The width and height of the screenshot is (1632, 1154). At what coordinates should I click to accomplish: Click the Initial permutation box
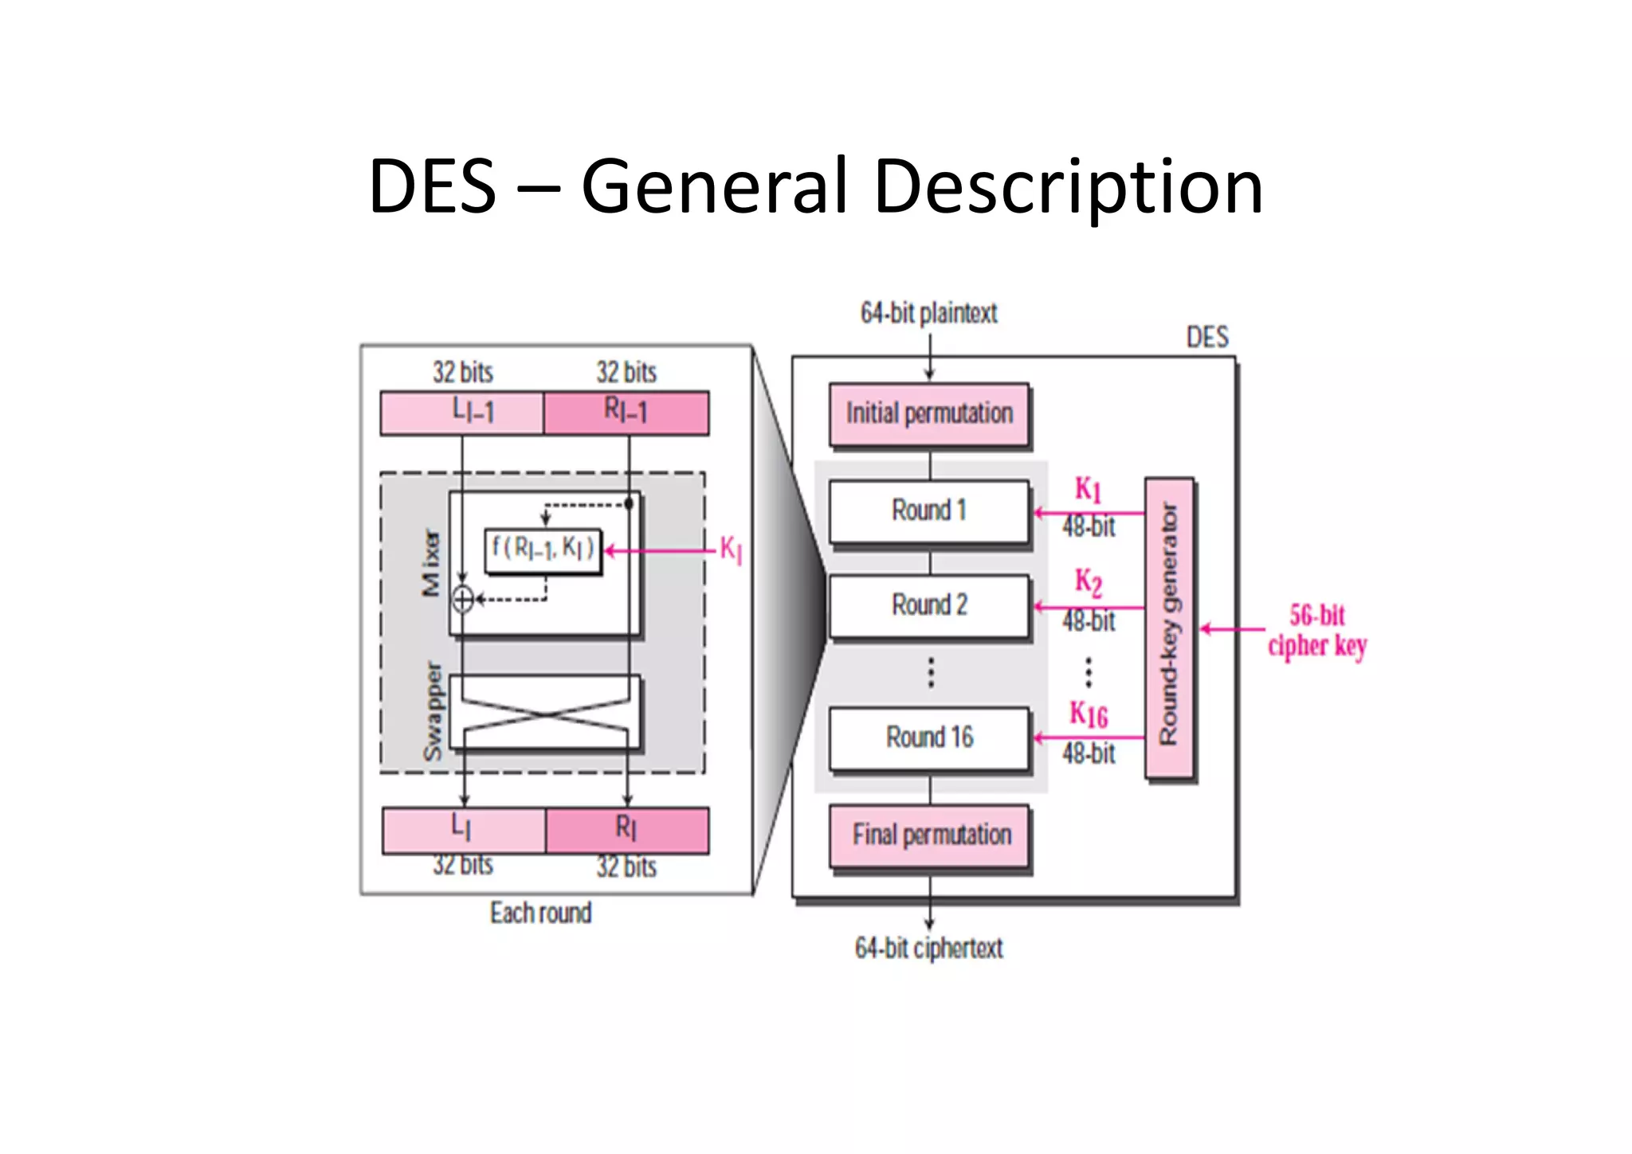click(x=929, y=414)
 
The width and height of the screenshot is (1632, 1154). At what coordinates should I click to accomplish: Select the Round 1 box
click(x=929, y=510)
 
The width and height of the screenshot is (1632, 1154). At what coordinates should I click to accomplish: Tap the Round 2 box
click(x=929, y=605)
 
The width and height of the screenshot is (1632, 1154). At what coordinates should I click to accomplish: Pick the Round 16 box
click(x=929, y=737)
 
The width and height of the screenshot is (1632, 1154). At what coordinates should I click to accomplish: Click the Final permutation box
click(x=930, y=835)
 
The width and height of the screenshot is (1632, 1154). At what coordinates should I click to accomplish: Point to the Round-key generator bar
click(x=1169, y=628)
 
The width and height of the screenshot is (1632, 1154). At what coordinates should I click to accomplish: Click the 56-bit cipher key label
click(x=1316, y=630)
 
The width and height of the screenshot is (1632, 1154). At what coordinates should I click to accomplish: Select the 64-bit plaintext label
click(x=928, y=313)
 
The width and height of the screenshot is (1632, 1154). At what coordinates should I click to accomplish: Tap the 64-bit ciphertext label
click(x=928, y=948)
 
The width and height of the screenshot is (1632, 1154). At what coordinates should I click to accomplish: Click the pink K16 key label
click(x=1088, y=714)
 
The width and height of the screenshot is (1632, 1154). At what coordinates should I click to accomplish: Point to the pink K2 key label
click(x=1088, y=581)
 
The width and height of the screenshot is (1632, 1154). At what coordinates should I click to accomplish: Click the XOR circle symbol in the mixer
click(x=463, y=599)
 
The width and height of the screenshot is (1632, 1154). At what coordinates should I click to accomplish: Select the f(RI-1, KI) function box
click(x=543, y=550)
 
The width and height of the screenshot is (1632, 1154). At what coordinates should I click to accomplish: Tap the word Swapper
click(x=432, y=711)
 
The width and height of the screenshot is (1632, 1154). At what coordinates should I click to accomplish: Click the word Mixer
click(x=430, y=563)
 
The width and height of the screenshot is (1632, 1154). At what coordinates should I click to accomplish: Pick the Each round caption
click(x=540, y=913)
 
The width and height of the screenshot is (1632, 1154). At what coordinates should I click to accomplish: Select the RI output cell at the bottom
click(x=627, y=830)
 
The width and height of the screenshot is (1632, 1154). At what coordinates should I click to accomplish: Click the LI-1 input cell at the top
click(x=463, y=413)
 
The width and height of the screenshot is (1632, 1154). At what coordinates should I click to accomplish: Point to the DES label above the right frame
click(x=1206, y=338)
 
